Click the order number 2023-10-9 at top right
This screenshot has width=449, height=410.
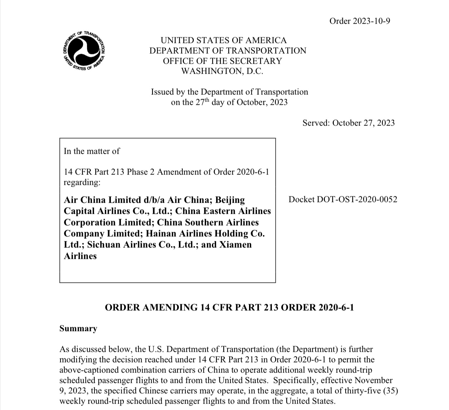pos(360,21)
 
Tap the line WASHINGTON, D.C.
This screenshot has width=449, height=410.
pos(222,71)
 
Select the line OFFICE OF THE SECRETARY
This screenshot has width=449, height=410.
pos(222,61)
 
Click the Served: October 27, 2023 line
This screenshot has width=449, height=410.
pos(348,123)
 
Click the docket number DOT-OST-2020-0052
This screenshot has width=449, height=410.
pos(343,199)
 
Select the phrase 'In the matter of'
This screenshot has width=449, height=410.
pos(92,151)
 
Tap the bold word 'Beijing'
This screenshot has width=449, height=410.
pos(230,200)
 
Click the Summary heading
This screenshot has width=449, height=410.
pos(78,329)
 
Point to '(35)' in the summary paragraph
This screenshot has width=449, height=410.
pos(391,391)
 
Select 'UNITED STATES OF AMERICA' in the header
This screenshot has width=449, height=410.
pos(224,40)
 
